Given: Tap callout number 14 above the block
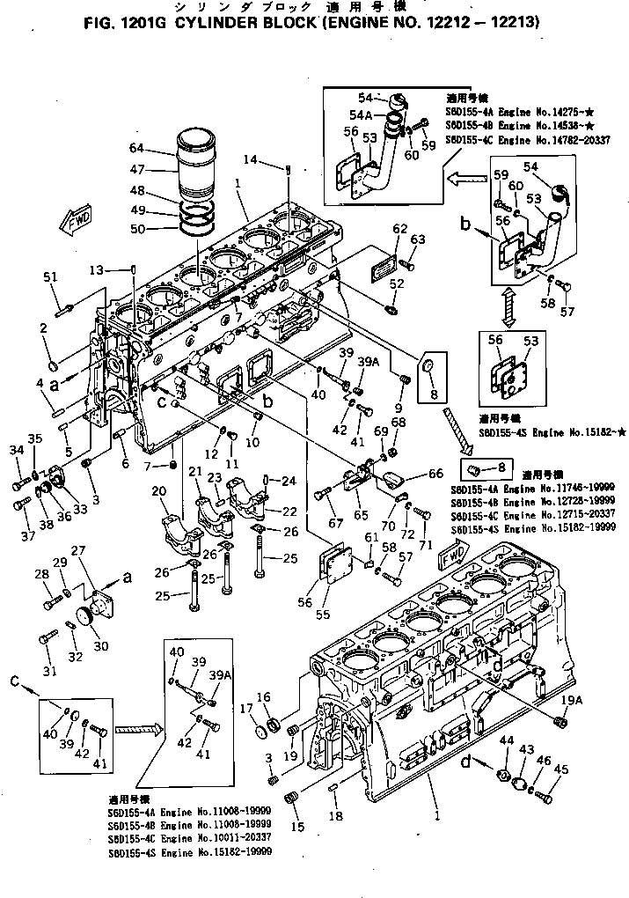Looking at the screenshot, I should coord(252,159).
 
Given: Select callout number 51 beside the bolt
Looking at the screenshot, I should coord(50,278).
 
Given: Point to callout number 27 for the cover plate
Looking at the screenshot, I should coord(78,550).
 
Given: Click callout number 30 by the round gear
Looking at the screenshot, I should coord(101,645).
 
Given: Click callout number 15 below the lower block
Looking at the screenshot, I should coord(298,828).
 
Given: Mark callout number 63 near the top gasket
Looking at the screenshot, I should coord(417,239).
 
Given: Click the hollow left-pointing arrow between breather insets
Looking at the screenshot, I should coord(461,180).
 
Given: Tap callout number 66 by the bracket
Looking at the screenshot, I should coord(435,474).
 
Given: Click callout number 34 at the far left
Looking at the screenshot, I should coord(15,452).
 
